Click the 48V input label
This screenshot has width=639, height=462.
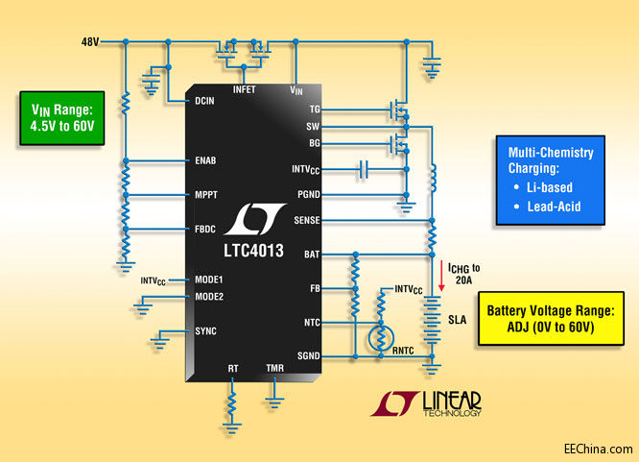click(x=90, y=42)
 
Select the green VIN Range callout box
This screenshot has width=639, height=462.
click(x=61, y=117)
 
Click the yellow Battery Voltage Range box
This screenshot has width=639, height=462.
click(x=548, y=319)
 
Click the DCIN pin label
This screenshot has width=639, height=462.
click(x=202, y=101)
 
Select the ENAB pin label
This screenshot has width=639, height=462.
click(x=203, y=160)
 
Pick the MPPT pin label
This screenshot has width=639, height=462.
click(x=203, y=195)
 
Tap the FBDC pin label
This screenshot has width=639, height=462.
click(x=203, y=230)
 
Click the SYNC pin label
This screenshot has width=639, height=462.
click(x=204, y=330)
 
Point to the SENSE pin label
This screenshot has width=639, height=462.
click(x=307, y=220)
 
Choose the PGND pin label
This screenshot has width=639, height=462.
click(x=309, y=193)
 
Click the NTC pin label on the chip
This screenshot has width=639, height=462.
click(x=312, y=322)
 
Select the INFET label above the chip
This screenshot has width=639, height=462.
click(x=245, y=89)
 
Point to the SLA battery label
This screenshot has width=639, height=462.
click(x=458, y=322)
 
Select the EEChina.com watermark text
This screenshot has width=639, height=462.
click(x=598, y=448)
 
